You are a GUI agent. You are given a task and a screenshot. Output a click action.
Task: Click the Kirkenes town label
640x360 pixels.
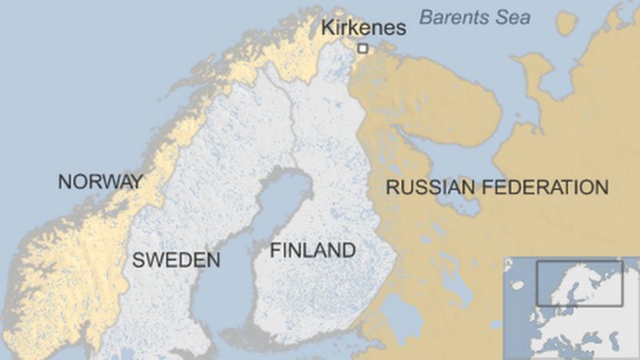pyautogui.click(x=363, y=28)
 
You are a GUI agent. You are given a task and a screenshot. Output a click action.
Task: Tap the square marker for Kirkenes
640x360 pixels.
pyautogui.click(x=362, y=49)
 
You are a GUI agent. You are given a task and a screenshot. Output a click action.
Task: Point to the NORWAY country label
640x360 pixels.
pyautogui.click(x=100, y=182)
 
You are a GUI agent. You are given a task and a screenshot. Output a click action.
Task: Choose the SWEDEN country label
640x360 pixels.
pyautogui.click(x=176, y=260)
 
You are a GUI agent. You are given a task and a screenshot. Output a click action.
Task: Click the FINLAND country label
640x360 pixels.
pyautogui.click(x=313, y=250)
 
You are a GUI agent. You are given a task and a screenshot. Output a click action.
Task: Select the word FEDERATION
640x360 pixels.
pyautogui.click(x=550, y=188)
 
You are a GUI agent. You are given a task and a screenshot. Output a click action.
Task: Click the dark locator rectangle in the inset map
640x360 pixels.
pyautogui.click(x=579, y=282)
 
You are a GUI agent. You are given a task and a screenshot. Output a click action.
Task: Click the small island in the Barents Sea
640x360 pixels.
pyautogui.click(x=566, y=23)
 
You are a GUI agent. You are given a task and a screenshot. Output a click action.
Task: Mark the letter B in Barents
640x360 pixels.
pyautogui.click(x=426, y=17)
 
